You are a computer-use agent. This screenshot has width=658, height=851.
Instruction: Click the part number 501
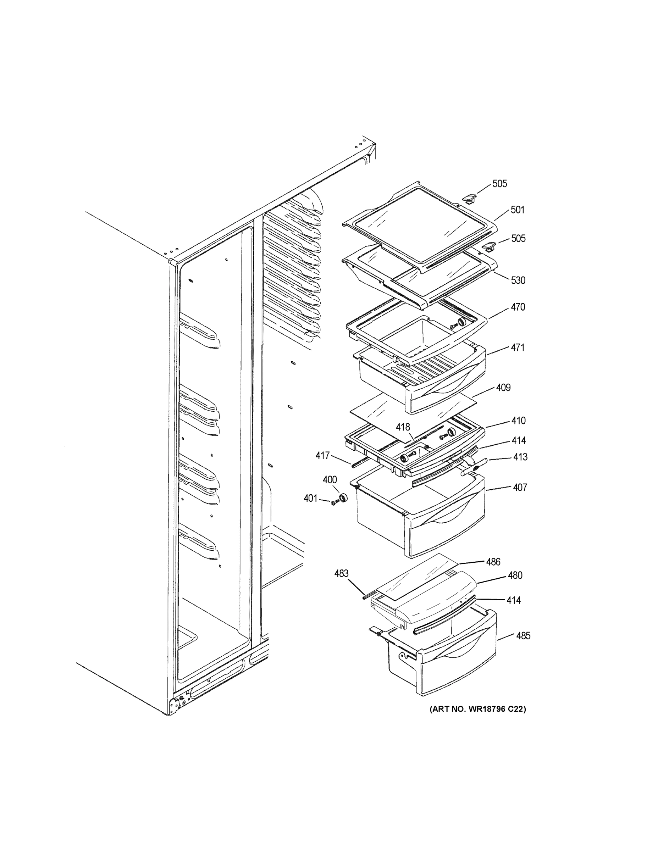[x=517, y=210]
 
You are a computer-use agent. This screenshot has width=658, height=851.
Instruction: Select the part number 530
[x=518, y=280]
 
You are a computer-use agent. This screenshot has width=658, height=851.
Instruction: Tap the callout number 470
[x=518, y=307]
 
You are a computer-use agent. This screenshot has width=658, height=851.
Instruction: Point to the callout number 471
[x=518, y=347]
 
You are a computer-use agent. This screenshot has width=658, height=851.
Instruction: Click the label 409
[x=503, y=388]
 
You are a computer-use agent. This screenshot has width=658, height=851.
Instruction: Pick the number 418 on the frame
[x=403, y=427]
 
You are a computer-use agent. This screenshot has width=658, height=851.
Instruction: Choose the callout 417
[x=322, y=456]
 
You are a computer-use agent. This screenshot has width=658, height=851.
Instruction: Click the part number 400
[x=330, y=480]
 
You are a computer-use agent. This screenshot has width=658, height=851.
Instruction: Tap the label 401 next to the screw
[x=311, y=498]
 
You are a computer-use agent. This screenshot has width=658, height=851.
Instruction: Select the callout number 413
[x=520, y=457]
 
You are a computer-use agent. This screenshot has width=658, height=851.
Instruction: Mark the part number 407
[x=520, y=488]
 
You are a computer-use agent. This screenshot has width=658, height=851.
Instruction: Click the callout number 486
[x=493, y=562]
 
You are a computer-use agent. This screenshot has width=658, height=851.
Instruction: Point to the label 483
[x=342, y=574]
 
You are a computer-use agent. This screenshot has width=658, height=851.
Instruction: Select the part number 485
[x=523, y=636]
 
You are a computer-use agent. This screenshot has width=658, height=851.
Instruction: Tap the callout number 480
[x=515, y=575]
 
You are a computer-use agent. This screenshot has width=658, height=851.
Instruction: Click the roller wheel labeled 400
[x=343, y=498]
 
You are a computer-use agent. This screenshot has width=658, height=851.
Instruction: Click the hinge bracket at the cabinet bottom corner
[x=177, y=705]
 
